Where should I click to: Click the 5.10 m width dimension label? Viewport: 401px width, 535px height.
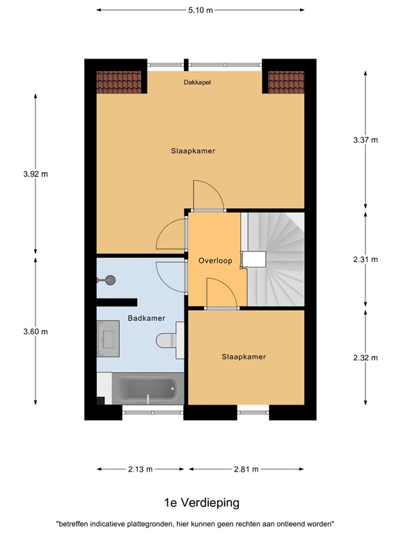click(200, 10)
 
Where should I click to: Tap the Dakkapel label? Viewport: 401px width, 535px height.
click(197, 82)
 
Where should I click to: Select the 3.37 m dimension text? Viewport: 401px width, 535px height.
click(365, 140)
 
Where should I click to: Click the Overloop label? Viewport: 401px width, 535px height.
click(214, 261)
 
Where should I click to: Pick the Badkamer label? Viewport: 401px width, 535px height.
click(147, 318)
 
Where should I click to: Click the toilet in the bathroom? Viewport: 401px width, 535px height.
click(169, 339)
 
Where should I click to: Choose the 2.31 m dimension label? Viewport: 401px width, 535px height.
click(365, 260)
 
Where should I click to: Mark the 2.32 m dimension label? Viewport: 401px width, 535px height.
click(365, 358)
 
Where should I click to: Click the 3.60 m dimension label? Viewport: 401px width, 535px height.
click(36, 332)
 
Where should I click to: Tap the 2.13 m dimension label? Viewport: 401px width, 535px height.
click(140, 470)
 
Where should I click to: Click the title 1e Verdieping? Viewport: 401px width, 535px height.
click(200, 502)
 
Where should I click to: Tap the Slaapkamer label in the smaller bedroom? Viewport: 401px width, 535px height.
click(244, 357)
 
